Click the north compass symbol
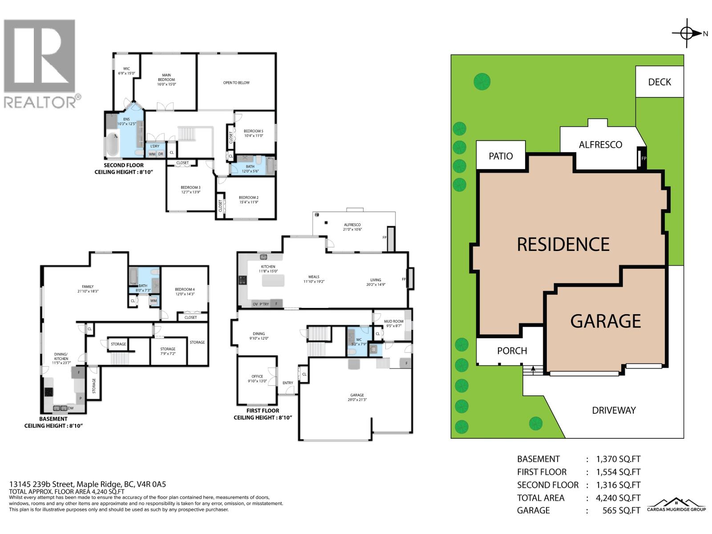[x=688, y=33]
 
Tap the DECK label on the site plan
[x=659, y=82]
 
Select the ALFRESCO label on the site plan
[x=600, y=145]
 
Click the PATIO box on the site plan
[x=501, y=156]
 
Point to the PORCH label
[x=512, y=351]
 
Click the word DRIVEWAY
[x=614, y=410]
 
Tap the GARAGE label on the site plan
[x=605, y=321]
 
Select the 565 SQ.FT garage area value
[x=621, y=510]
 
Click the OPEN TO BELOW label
[x=236, y=83]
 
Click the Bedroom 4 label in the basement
[x=184, y=291]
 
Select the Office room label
[x=257, y=379]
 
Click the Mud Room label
[x=393, y=324]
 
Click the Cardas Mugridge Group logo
[x=676, y=505]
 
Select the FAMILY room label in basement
[x=88, y=289]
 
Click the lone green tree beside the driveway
[x=535, y=423]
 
